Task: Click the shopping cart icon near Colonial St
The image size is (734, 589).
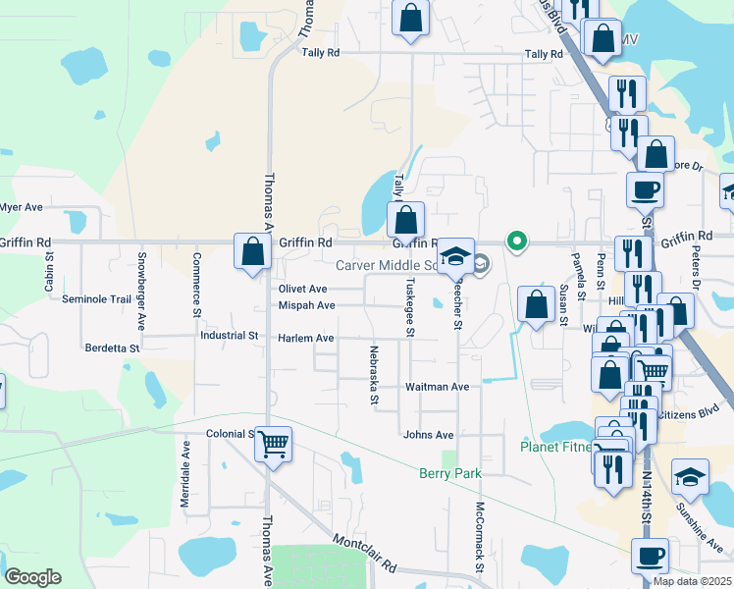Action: click(x=274, y=444)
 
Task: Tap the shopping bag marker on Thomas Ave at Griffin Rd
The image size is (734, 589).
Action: click(x=253, y=251)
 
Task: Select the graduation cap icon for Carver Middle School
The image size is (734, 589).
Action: click(x=455, y=256)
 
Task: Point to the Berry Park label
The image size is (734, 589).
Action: click(x=450, y=473)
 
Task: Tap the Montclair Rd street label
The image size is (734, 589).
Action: click(x=364, y=554)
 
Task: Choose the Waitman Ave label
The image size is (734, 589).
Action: click(x=438, y=387)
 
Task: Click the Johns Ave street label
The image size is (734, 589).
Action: click(x=428, y=435)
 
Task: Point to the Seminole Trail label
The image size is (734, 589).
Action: click(x=96, y=299)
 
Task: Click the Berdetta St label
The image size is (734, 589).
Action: click(x=113, y=348)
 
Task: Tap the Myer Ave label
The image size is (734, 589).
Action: click(x=22, y=207)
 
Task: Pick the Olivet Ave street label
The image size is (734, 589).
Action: click(x=302, y=290)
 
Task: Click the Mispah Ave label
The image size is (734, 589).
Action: click(x=306, y=305)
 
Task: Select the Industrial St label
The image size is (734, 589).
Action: click(x=229, y=335)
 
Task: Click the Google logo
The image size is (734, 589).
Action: click(x=32, y=577)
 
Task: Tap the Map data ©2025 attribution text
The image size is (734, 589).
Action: click(x=692, y=581)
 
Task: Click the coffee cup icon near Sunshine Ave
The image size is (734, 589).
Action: click(x=650, y=557)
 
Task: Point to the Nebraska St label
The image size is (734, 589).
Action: click(x=374, y=375)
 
